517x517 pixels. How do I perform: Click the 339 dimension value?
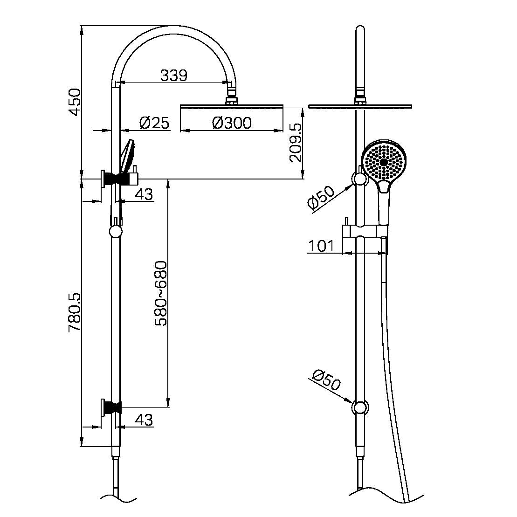pyautogui.click(x=174, y=75)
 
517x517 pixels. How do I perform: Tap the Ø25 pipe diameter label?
pyautogui.click(x=154, y=123)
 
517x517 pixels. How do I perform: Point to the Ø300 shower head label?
pyautogui.click(x=232, y=123)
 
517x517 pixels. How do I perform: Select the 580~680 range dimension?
pyautogui.click(x=160, y=293)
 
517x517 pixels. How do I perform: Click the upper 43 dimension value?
pyautogui.click(x=144, y=194)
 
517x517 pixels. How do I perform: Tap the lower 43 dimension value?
pyautogui.click(x=144, y=420)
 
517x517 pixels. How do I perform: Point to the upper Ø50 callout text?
pyautogui.click(x=321, y=198)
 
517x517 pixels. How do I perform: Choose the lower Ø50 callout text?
pyautogui.click(x=327, y=380)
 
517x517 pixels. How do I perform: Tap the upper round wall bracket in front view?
pyautogui.click(x=359, y=179)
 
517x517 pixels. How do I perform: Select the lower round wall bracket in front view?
pyautogui.click(x=359, y=407)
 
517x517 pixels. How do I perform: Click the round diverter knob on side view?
pyautogui.click(x=115, y=231)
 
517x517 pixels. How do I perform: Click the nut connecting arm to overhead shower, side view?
pyautogui.click(x=232, y=99)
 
